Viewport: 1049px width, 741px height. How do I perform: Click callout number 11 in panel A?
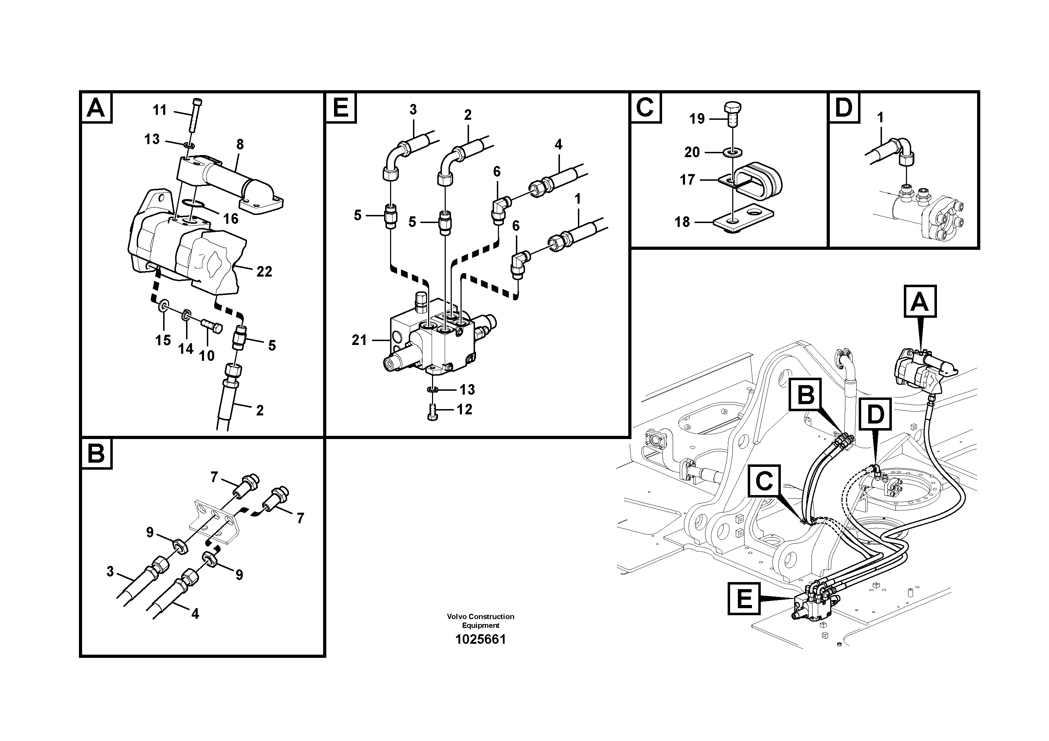coord(160,110)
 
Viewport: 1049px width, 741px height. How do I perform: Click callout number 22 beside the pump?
coord(264,272)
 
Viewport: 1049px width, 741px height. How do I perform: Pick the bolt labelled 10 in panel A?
coord(211,326)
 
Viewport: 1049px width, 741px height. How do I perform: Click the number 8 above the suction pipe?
coord(240,144)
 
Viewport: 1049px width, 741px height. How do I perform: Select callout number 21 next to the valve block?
coord(359,340)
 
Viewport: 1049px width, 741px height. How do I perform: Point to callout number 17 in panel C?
coord(687,180)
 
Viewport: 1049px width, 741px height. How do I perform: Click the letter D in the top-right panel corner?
coord(844,108)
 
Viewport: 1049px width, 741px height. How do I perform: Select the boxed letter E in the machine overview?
coord(744,598)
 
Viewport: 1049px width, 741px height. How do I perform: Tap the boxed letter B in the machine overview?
coord(806,394)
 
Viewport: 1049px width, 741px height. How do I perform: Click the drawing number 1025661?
coord(480,640)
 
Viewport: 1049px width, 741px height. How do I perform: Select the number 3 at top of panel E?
coord(413,110)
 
